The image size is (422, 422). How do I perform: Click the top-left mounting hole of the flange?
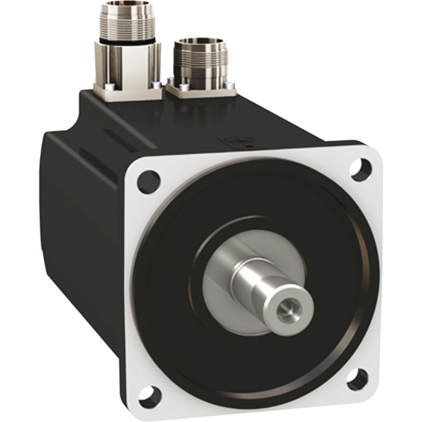coord(149,180)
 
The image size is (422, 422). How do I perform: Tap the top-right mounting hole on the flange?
coord(361,169)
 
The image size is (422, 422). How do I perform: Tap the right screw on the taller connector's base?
coord(156,85)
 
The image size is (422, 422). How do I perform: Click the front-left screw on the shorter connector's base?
coord(183,87)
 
